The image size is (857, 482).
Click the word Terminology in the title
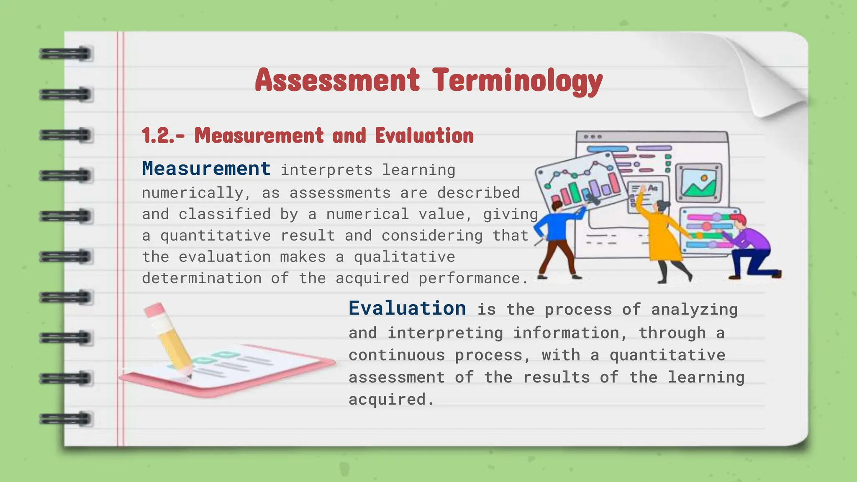tap(518, 80)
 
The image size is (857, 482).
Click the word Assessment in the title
tap(337, 80)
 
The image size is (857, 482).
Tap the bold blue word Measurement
tap(206, 169)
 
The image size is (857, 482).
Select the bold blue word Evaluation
tap(407, 308)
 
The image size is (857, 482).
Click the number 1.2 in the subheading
tap(157, 136)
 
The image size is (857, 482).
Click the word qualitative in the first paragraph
tap(404, 256)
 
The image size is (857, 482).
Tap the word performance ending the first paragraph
tap(473, 278)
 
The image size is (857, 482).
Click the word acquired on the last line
tap(387, 399)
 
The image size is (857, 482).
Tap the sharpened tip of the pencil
tap(189, 376)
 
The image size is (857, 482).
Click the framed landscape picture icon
tap(698, 183)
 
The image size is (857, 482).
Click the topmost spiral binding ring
tap(66, 54)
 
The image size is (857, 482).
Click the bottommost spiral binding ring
tap(66, 419)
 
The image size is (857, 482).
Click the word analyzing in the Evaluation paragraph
tap(694, 310)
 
